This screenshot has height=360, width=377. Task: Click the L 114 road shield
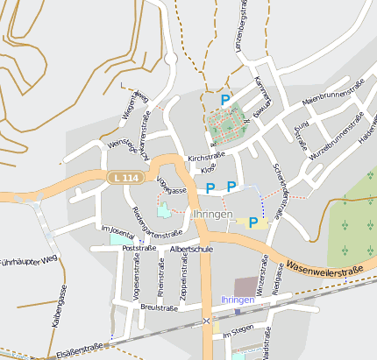tap(124, 177)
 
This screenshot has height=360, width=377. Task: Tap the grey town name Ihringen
tap(212, 214)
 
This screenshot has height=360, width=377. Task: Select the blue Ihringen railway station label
tap(238, 300)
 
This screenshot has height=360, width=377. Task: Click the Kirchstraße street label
tap(205, 159)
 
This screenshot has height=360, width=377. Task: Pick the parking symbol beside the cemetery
tap(225, 100)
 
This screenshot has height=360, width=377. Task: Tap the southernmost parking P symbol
tap(253, 222)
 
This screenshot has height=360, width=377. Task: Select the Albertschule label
tap(192, 250)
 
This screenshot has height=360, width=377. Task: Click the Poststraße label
tap(139, 248)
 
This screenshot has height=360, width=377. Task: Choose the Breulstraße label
tap(160, 307)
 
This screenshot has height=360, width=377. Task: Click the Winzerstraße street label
tap(260, 272)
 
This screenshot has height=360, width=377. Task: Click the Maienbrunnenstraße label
tap(333, 93)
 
